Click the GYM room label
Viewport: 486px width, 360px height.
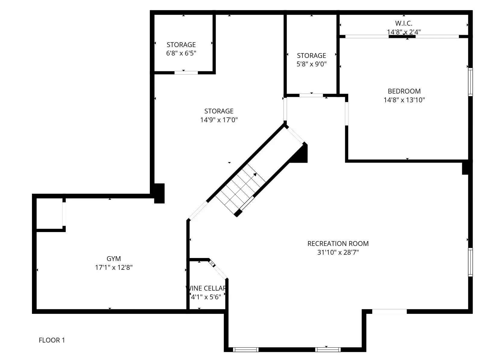point(114,259)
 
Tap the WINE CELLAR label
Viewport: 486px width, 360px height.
point(206,288)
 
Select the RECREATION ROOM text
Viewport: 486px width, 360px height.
point(338,244)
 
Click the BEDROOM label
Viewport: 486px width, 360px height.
point(404,91)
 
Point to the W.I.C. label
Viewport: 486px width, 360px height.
point(404,23)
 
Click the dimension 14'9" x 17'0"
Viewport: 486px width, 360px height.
point(219,120)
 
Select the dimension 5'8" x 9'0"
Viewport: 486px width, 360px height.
point(311,64)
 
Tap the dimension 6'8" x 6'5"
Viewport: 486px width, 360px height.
point(181,53)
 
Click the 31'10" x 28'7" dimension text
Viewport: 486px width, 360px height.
point(338,252)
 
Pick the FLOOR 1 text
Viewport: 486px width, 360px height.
point(52,340)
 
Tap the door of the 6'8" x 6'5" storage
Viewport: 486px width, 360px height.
point(186,72)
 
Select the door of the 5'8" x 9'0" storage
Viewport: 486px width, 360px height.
point(311,95)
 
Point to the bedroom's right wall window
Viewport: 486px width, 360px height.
point(470,82)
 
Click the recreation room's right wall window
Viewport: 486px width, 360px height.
point(470,262)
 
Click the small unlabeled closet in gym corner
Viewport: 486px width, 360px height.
point(49,214)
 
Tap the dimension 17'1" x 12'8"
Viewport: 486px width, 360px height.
point(114,267)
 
